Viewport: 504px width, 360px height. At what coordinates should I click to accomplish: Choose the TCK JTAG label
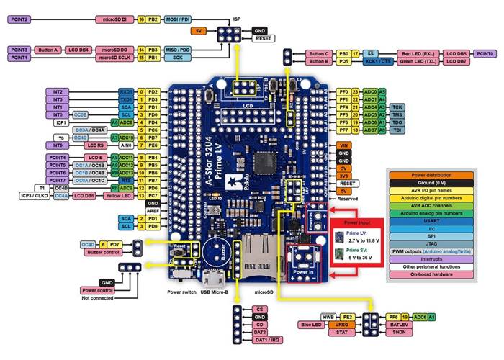[x=397, y=107]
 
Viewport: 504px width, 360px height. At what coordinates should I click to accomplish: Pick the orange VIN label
[x=344, y=145]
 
